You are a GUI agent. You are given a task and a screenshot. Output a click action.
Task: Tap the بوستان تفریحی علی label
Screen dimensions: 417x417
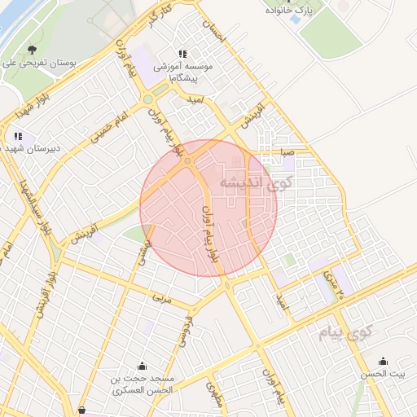(33, 62)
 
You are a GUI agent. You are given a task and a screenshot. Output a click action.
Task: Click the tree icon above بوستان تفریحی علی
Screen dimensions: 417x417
(33, 49)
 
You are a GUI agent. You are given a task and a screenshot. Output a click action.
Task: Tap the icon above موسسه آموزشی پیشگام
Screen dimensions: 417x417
(182, 54)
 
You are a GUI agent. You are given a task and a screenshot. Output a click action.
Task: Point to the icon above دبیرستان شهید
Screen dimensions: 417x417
(19, 136)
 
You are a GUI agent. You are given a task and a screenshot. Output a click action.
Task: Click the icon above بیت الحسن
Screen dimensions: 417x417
(383, 362)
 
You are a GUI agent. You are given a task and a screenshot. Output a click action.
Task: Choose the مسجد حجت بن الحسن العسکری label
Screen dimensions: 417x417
(143, 384)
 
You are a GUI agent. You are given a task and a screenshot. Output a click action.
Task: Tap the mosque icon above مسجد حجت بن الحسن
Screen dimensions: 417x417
(143, 365)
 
